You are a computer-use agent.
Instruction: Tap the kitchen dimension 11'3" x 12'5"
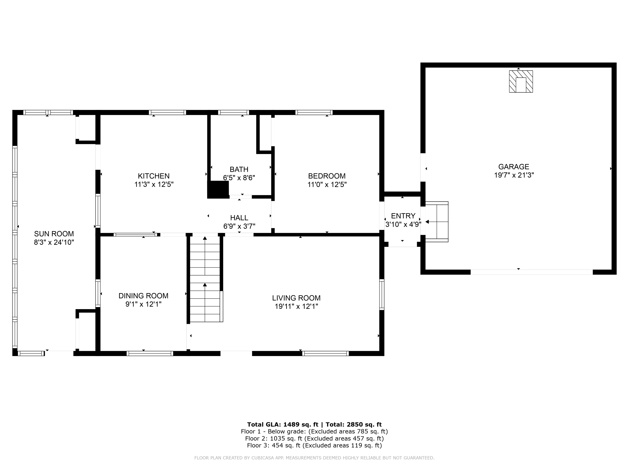tap(154, 185)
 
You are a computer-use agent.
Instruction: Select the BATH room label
tap(239, 170)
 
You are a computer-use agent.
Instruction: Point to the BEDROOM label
tap(327, 176)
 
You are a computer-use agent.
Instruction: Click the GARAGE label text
tap(513, 167)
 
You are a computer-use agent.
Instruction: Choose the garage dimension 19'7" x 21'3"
tap(514, 175)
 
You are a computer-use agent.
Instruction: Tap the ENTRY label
tap(403, 216)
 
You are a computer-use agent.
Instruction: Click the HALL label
tap(239, 218)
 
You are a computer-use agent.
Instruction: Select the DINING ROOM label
tap(143, 296)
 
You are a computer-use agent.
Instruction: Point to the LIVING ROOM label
tap(296, 298)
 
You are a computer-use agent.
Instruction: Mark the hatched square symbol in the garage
tap(521, 81)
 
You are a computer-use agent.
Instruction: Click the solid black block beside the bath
tap(218, 190)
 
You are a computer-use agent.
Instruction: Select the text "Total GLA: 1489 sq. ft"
tap(283, 425)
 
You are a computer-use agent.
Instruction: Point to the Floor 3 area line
tap(314, 445)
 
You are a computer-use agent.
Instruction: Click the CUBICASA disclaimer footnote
tap(314, 458)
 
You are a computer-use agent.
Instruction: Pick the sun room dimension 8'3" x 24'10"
tap(54, 242)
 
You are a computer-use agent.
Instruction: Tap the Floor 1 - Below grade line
tap(314, 431)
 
